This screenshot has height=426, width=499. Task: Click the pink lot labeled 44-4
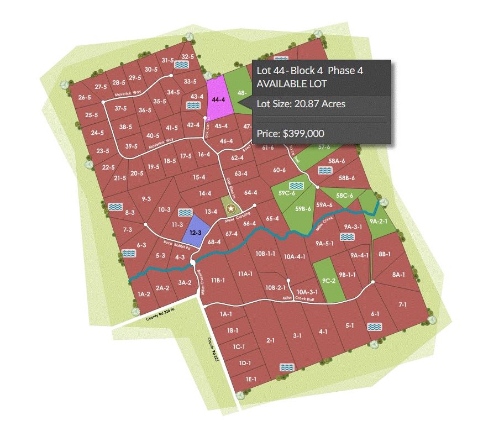click(218, 99)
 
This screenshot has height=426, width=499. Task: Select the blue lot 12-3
click(195, 233)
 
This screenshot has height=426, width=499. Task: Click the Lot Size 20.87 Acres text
click(301, 103)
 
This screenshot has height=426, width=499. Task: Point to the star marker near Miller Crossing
click(232, 209)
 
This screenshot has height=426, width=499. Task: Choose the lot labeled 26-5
click(85, 97)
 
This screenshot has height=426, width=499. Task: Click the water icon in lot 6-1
click(375, 327)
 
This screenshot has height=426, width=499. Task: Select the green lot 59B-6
click(303, 209)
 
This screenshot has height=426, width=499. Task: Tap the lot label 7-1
click(402, 304)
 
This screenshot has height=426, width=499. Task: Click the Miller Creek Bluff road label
click(295, 298)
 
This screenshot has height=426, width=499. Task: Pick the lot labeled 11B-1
click(217, 280)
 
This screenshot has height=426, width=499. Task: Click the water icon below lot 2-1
click(286, 367)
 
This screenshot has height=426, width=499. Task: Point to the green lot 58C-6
click(345, 196)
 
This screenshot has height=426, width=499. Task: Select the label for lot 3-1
click(297, 335)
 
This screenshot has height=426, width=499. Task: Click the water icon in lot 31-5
click(181, 65)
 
